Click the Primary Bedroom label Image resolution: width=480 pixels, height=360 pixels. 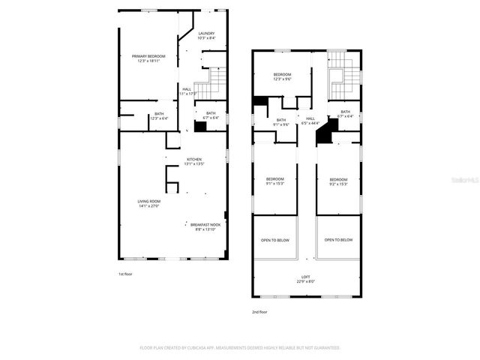[x=148, y=58]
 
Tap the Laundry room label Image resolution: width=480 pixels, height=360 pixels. [x=207, y=36]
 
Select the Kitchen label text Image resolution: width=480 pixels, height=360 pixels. [x=194, y=161]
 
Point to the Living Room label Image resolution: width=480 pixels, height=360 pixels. [x=148, y=203]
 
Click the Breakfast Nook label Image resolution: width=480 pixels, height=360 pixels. [x=205, y=226]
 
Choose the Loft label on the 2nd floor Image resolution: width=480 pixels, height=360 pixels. [x=304, y=279]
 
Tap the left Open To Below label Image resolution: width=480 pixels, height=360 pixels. [x=275, y=240]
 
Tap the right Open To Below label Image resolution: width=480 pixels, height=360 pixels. [x=338, y=240]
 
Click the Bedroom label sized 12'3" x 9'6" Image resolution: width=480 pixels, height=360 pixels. [x=282, y=76]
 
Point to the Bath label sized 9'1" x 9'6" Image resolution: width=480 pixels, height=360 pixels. [x=281, y=121]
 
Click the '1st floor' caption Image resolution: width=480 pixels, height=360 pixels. [x=126, y=274]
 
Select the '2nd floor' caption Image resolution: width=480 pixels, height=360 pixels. [x=259, y=311]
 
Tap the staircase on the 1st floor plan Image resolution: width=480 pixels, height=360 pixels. [x=211, y=81]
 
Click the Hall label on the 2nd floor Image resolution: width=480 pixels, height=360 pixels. [x=310, y=120]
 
